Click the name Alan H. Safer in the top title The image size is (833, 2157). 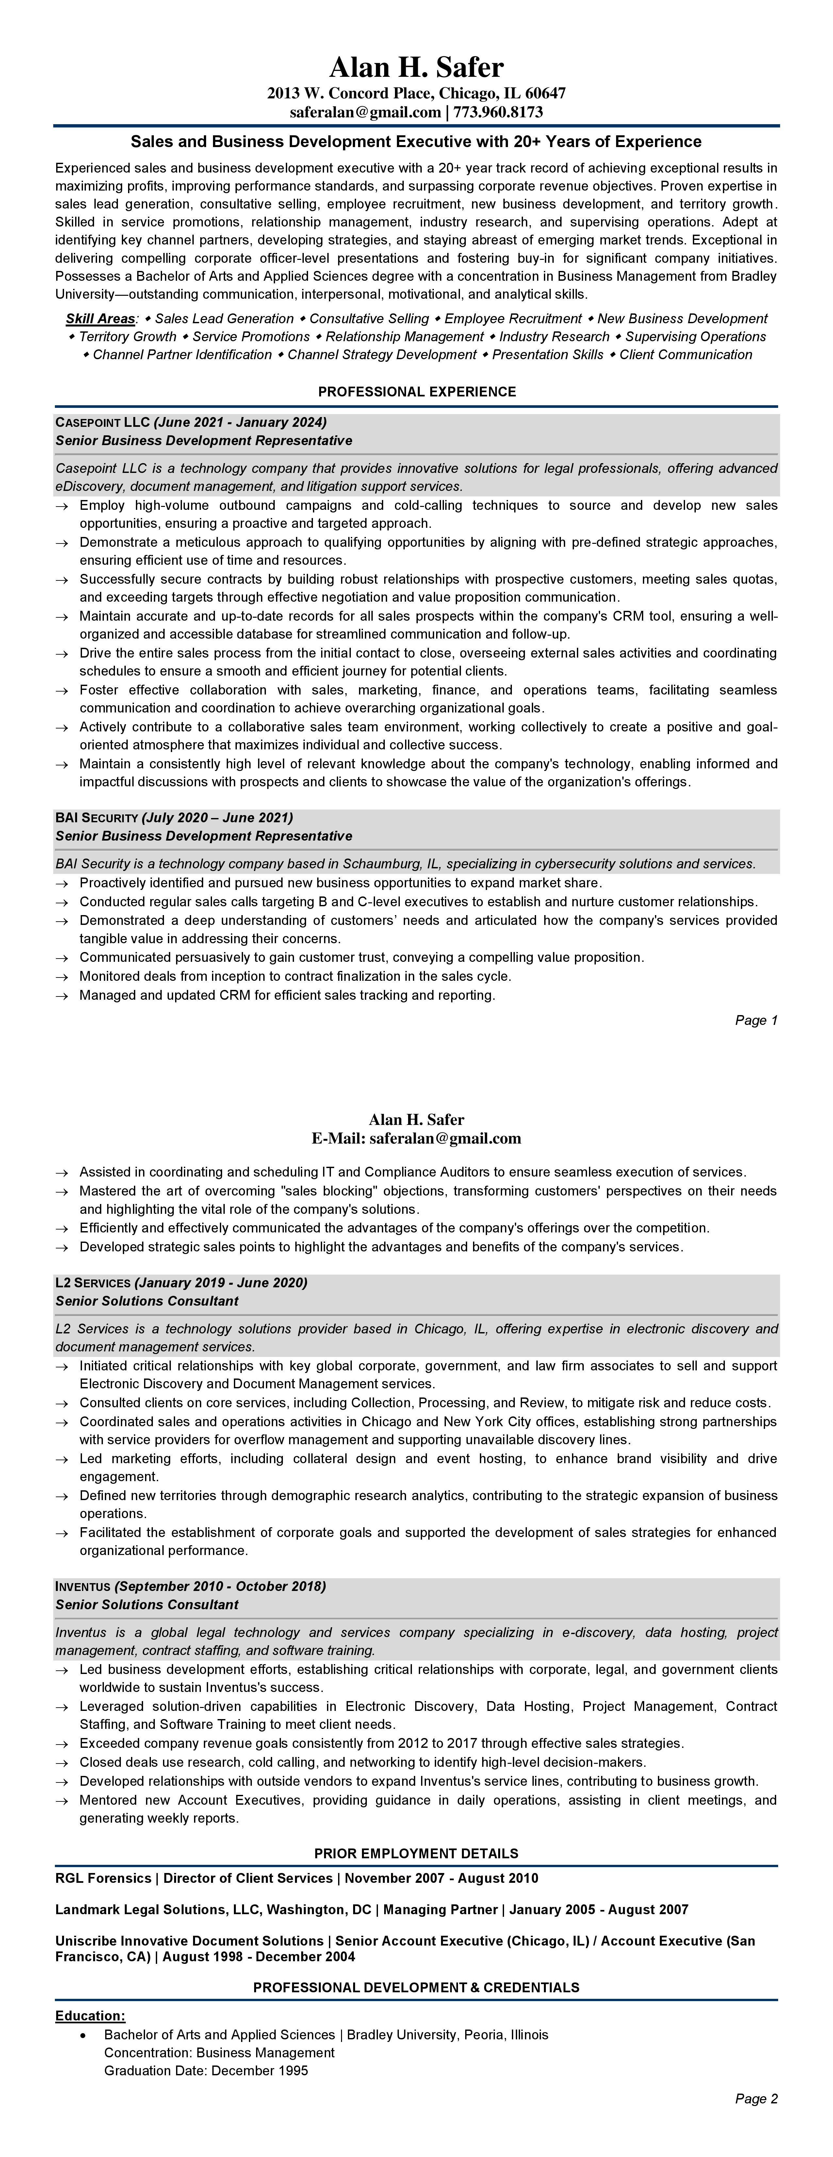coord(416,67)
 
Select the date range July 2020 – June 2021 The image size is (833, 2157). coord(218,817)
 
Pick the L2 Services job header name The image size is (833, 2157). coord(92,1283)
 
